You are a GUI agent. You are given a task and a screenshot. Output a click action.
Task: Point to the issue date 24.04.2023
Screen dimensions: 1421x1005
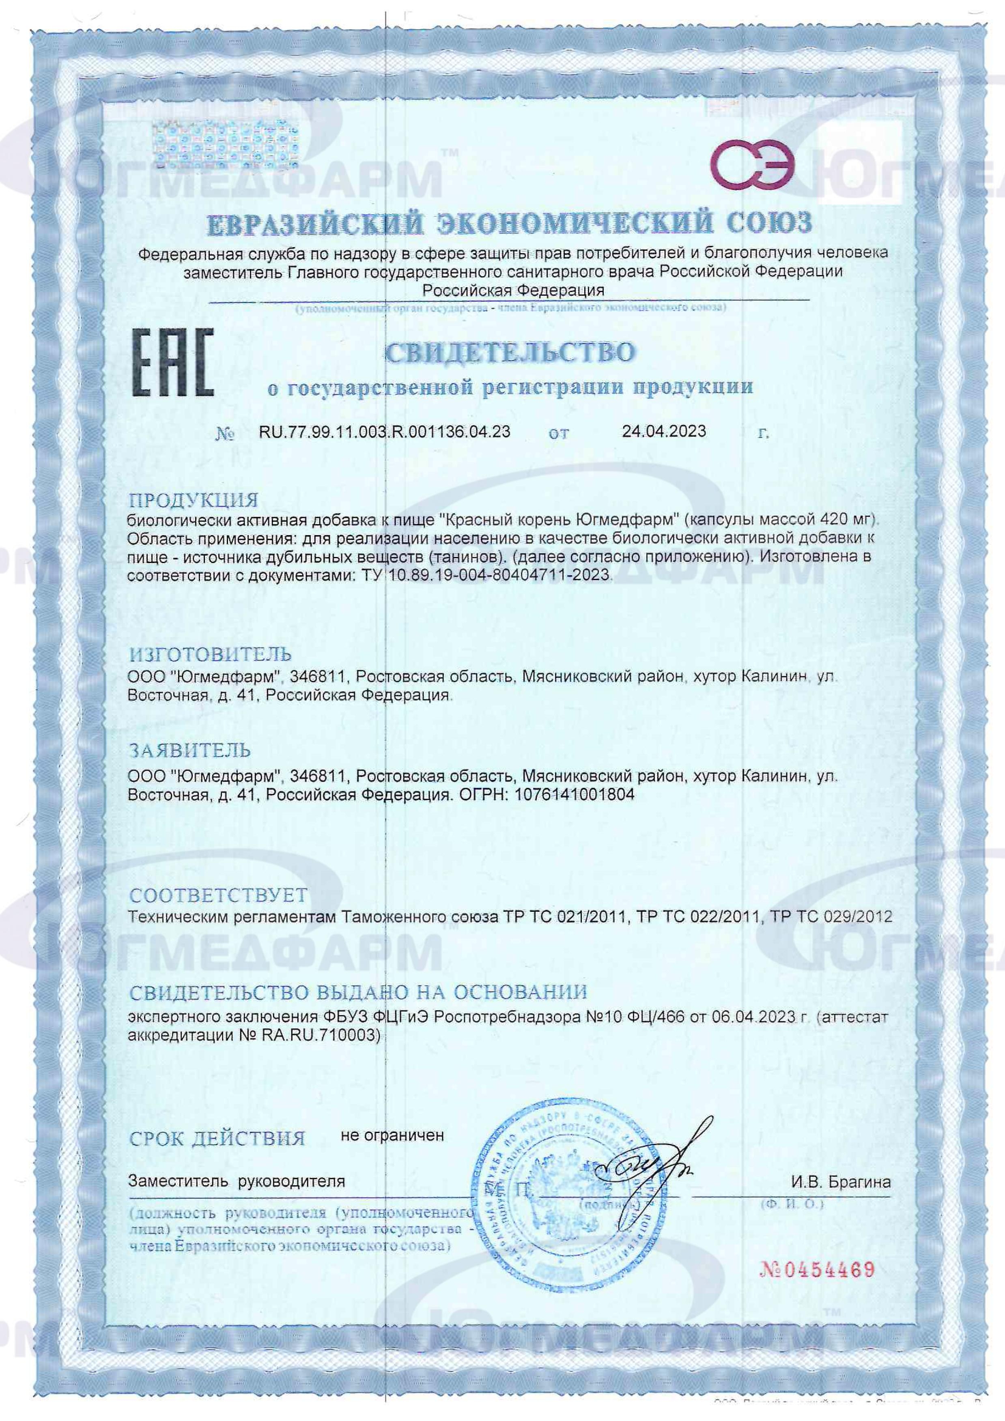click(664, 431)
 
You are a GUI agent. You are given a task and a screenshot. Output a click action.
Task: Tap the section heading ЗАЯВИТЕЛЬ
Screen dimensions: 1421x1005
click(189, 751)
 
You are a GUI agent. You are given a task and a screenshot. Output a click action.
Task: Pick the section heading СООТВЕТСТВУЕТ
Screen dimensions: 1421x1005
click(218, 896)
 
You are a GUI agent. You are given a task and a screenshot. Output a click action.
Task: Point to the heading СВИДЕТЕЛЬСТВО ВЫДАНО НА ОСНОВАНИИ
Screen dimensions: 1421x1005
click(358, 993)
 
